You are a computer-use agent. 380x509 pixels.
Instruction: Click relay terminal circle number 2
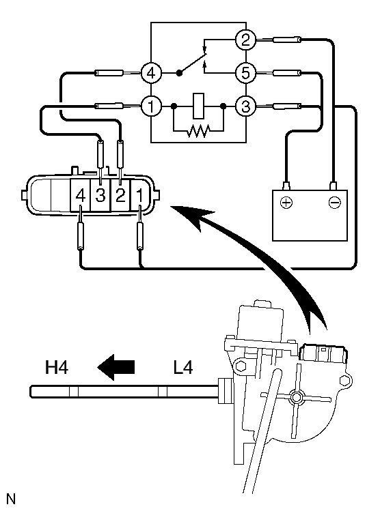pyautogui.click(x=245, y=40)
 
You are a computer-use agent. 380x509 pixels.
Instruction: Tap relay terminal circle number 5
pyautogui.click(x=245, y=72)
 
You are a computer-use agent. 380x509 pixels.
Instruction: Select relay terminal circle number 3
pyautogui.click(x=245, y=106)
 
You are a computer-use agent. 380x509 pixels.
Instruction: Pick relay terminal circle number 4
pyautogui.click(x=150, y=72)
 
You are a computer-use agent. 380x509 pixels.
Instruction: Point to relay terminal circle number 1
pyautogui.click(x=150, y=106)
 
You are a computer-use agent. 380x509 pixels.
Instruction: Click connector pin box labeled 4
pyautogui.click(x=81, y=196)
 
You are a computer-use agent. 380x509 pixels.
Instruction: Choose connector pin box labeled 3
pyautogui.click(x=100, y=196)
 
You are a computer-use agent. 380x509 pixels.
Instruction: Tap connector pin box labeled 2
pyautogui.click(x=120, y=196)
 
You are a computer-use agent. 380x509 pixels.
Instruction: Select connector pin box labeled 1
pyautogui.click(x=139, y=196)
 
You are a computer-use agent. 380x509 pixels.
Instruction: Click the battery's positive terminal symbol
pyautogui.click(x=286, y=203)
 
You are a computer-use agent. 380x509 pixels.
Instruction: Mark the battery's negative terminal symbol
pyautogui.click(x=334, y=203)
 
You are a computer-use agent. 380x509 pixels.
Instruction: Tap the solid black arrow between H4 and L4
pyautogui.click(x=116, y=368)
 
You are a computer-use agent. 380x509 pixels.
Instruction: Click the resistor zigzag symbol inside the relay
pyautogui.click(x=198, y=130)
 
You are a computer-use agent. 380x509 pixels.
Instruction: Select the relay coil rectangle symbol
pyautogui.click(x=198, y=106)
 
